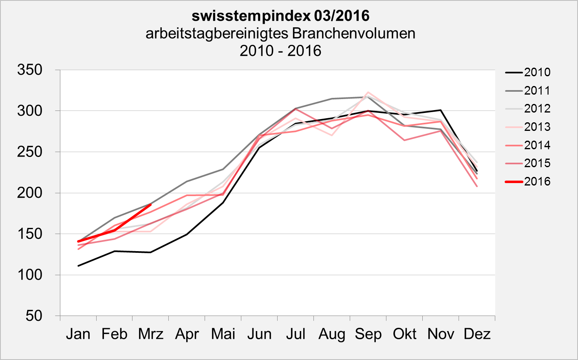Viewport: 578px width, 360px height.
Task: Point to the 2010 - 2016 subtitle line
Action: tap(280, 51)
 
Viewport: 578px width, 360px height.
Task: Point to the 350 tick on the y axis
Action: tap(30, 70)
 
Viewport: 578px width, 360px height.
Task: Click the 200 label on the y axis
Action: tap(30, 193)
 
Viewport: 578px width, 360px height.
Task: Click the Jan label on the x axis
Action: tap(78, 334)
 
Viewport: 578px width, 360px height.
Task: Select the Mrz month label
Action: tap(150, 334)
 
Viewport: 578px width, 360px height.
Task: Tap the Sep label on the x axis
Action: tap(368, 334)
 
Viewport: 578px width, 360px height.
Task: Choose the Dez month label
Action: tap(477, 334)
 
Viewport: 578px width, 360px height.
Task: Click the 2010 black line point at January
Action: tap(78, 266)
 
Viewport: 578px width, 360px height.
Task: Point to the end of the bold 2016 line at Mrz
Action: tap(151, 205)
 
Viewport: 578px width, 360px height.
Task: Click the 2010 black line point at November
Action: tap(441, 110)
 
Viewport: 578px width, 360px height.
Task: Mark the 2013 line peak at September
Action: tap(368, 92)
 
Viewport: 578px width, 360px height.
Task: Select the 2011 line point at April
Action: tap(187, 181)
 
